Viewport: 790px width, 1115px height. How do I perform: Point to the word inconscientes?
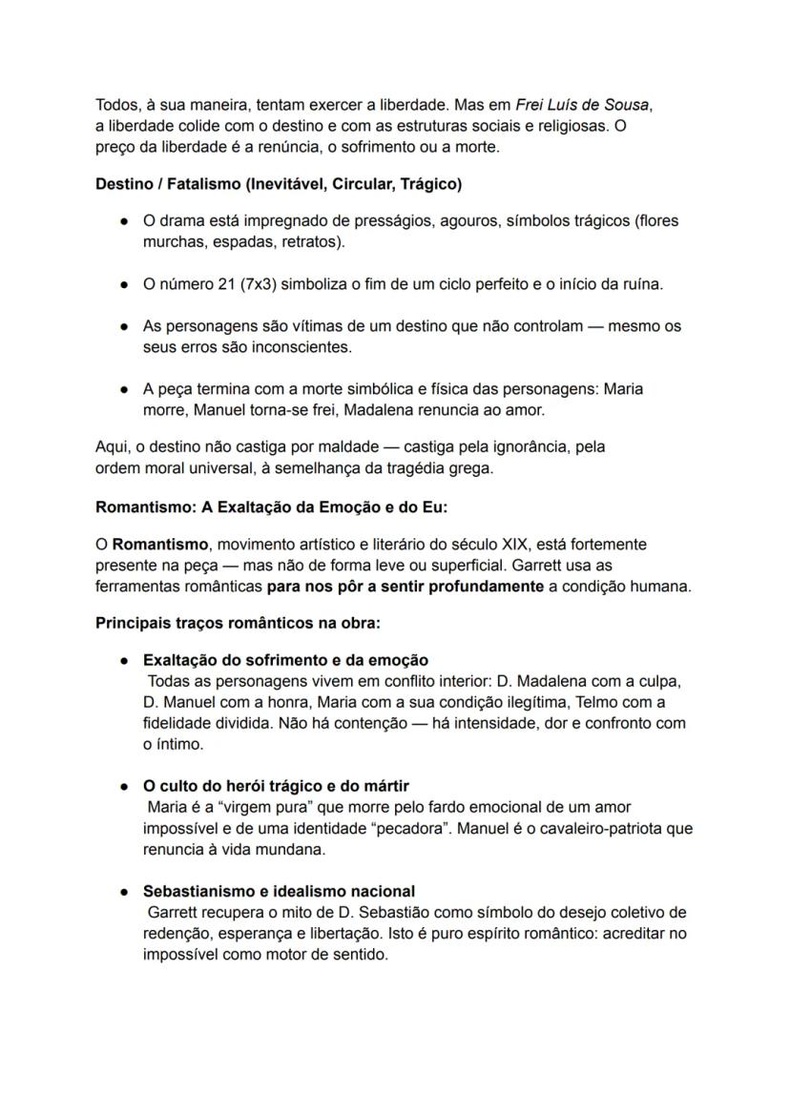[297, 347]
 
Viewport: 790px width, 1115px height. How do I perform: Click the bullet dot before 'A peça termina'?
[124, 389]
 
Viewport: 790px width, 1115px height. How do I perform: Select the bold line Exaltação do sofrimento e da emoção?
[285, 660]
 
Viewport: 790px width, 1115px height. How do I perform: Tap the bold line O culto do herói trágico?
[276, 786]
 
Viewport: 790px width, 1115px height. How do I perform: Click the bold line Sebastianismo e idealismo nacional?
[279, 892]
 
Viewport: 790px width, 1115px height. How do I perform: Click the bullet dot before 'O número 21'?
[124, 284]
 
